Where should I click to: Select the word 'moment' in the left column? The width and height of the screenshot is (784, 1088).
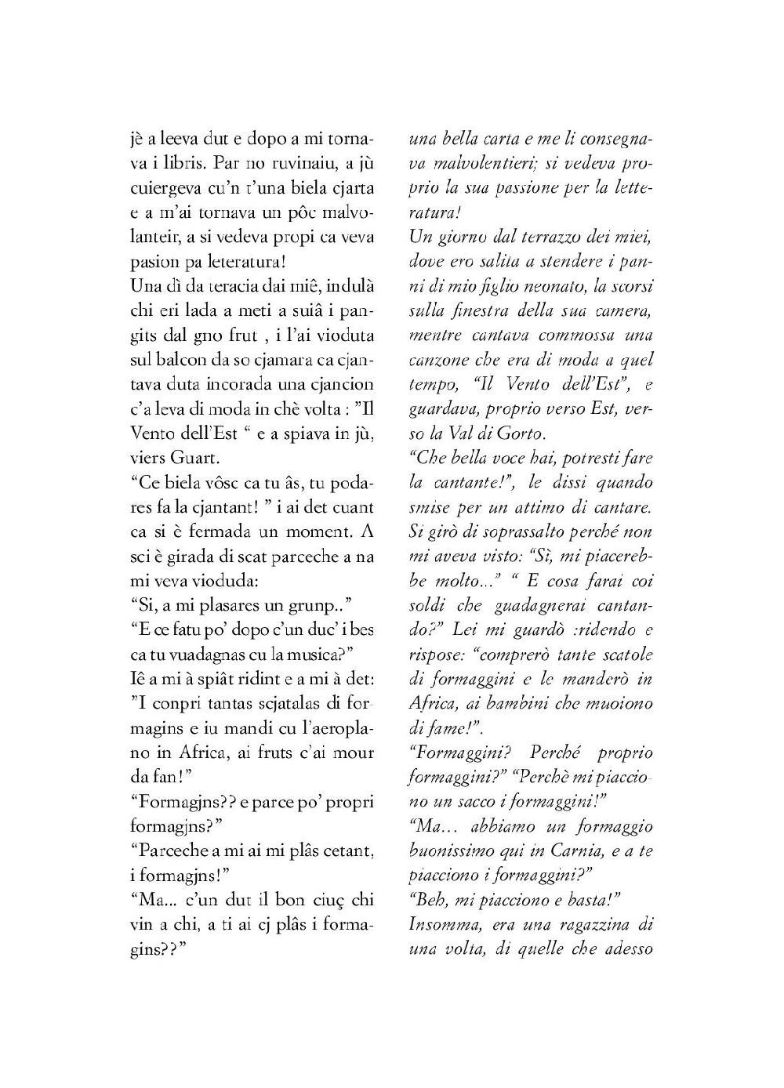pyautogui.click(x=314, y=530)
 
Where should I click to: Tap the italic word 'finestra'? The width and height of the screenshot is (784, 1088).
pyautogui.click(x=495, y=310)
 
